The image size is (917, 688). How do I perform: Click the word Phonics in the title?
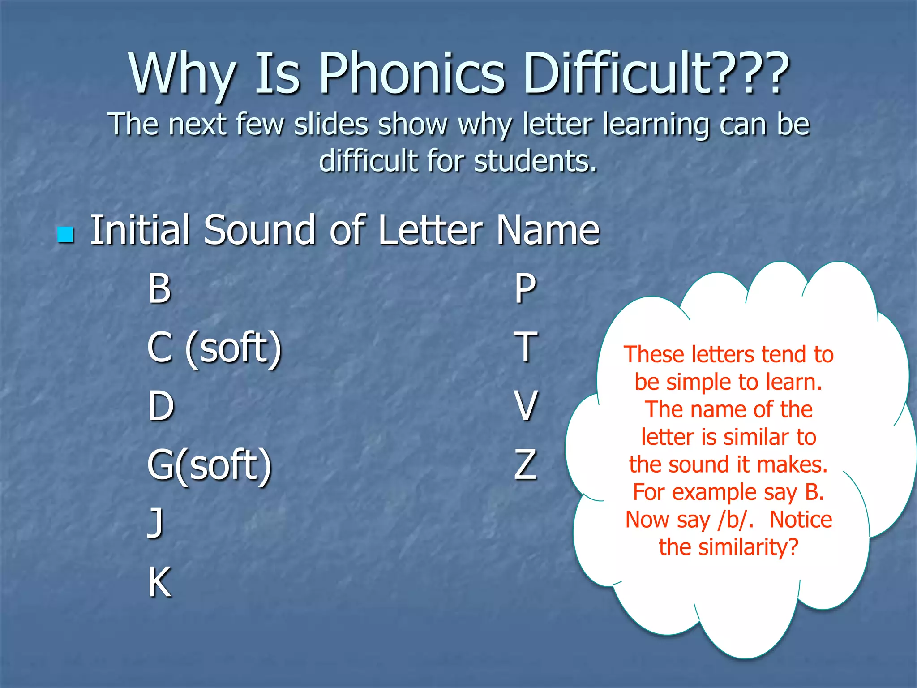412,74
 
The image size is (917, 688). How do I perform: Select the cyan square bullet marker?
66,234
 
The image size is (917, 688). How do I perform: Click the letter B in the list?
159,288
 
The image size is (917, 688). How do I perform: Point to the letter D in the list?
160,406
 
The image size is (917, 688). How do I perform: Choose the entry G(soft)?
209,465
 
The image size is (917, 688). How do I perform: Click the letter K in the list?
159,582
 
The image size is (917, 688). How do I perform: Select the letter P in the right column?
525,288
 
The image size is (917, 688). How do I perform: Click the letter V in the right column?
525,406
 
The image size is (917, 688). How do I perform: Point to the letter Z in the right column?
525,465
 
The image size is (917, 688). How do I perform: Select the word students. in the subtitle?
536,161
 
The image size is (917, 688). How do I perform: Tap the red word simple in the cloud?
698,382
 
